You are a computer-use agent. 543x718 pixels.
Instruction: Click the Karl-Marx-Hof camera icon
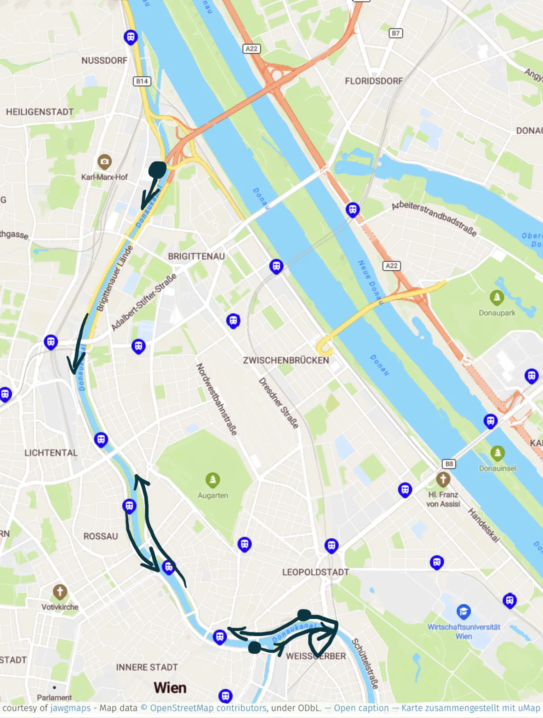click(104, 162)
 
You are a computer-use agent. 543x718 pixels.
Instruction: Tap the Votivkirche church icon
click(60, 591)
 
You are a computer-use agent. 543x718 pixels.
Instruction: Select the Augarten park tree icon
click(212, 480)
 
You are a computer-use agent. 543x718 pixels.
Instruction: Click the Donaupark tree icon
click(497, 298)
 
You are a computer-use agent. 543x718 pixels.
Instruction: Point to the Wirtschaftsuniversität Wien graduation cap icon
click(463, 611)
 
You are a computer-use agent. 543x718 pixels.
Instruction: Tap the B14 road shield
click(142, 81)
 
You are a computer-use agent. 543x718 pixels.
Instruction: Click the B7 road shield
click(396, 33)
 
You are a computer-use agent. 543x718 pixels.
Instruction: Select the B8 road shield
click(449, 464)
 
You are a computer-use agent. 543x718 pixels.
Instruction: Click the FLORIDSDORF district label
click(374, 81)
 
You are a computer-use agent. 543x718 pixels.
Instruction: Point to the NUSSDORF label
click(104, 60)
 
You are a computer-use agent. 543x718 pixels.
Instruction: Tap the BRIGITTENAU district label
click(196, 256)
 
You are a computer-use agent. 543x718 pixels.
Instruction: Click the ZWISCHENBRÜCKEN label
click(286, 360)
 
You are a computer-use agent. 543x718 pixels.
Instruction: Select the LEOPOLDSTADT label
click(315, 572)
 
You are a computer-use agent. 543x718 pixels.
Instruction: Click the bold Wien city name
click(170, 688)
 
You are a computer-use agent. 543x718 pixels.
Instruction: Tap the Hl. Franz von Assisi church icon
click(443, 479)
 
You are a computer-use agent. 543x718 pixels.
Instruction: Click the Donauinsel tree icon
click(497, 453)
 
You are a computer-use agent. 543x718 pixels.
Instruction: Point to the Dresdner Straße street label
click(279, 403)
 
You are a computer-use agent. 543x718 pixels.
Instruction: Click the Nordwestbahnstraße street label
click(216, 399)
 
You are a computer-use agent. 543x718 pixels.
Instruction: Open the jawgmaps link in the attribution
click(70, 708)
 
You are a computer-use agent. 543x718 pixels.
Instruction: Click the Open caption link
click(361, 708)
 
